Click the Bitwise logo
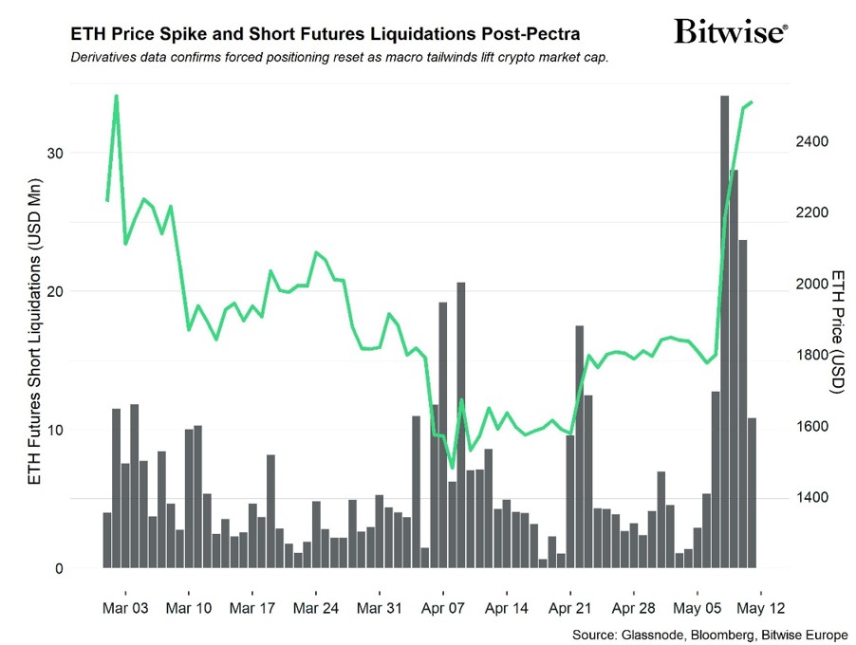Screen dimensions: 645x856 coord(730,33)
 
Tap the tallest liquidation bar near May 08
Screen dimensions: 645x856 coord(724,332)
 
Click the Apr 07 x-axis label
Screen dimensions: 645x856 coord(442,606)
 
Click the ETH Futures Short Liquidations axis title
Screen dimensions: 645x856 coord(34,331)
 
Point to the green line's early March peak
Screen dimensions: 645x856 coord(116,96)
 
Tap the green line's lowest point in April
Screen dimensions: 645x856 coord(453,468)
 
